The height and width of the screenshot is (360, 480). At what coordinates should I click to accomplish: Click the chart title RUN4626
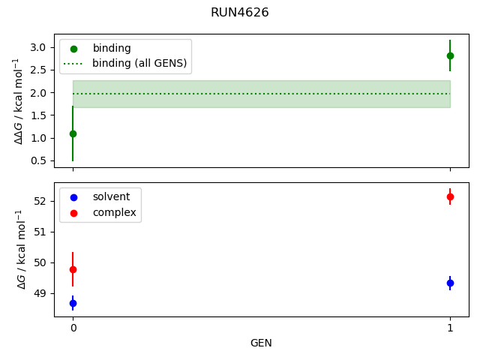tap(240, 13)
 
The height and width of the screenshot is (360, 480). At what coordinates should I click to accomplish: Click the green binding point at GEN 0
tap(73, 133)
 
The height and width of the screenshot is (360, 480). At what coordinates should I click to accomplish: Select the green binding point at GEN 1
tap(450, 55)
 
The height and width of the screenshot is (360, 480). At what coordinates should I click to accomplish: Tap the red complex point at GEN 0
tap(73, 269)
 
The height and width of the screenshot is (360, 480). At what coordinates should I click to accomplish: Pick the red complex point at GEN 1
tap(450, 196)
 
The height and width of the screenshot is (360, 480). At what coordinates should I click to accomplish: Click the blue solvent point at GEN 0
tap(73, 303)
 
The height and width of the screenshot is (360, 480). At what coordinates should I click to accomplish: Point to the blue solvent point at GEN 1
tap(450, 283)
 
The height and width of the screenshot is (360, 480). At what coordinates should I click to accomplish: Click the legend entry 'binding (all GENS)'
tap(139, 63)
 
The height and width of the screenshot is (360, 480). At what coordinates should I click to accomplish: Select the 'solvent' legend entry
tap(111, 196)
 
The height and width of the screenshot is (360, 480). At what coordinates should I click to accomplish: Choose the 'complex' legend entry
tap(114, 212)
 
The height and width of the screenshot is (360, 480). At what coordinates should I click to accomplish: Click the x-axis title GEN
tap(261, 343)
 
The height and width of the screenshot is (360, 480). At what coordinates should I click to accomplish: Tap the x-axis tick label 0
tap(73, 328)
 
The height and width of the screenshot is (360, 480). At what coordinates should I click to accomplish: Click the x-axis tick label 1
tap(450, 328)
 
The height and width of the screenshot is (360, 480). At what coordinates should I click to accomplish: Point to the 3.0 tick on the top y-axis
tap(39, 47)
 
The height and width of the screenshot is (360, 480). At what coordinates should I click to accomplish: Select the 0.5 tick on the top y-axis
tap(39, 160)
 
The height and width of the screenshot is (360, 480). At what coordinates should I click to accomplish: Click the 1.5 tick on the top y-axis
tap(39, 115)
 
